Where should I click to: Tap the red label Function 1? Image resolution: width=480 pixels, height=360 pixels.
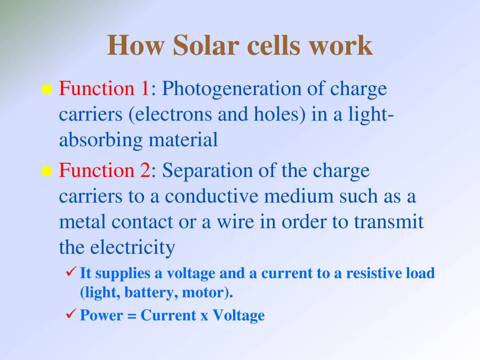pyautogui.click(x=105, y=88)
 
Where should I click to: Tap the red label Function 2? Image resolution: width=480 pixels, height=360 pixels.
pyautogui.click(x=105, y=171)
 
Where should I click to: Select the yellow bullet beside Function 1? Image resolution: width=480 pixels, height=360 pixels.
pyautogui.click(x=46, y=89)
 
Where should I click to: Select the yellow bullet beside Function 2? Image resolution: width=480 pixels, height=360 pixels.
pyautogui.click(x=46, y=171)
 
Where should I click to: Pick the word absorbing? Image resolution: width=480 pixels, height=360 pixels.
pyautogui.click(x=101, y=140)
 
